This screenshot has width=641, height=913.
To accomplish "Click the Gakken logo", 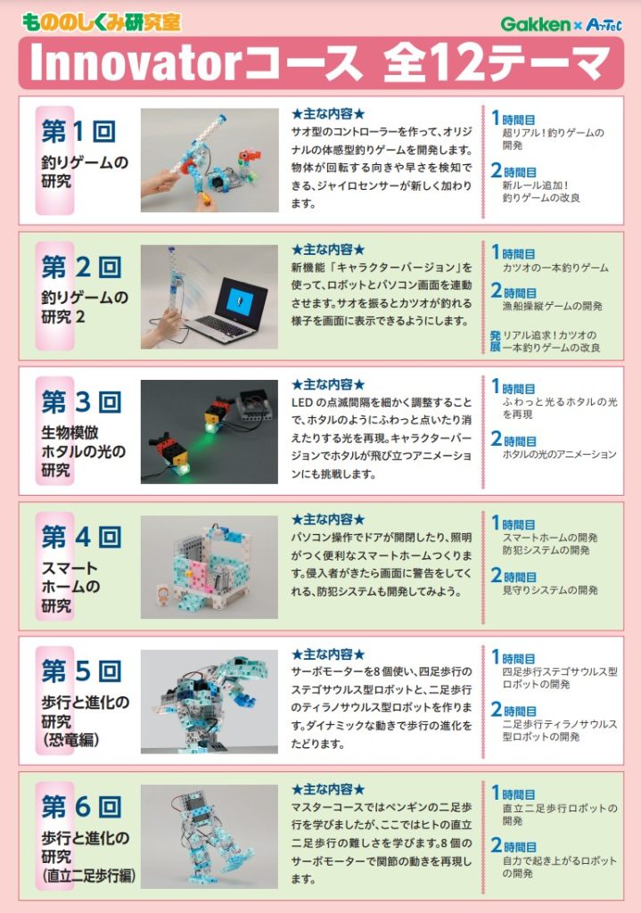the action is (535, 24).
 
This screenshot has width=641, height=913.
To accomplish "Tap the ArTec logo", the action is (604, 24).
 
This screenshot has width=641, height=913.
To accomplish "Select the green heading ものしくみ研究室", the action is (102, 22).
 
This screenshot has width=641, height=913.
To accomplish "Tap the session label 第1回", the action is (81, 132).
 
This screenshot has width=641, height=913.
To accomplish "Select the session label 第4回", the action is (81, 537).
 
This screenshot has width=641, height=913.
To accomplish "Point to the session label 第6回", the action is (81, 807).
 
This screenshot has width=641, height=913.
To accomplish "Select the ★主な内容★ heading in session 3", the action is (328, 385).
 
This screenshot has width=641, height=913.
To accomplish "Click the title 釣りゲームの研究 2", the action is (85, 308).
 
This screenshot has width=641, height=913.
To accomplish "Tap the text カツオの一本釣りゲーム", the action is (555, 267).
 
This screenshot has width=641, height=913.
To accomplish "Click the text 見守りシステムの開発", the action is (550, 590).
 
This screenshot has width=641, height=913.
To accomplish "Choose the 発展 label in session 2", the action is (495, 341).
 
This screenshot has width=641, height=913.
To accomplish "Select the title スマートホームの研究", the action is (70, 587).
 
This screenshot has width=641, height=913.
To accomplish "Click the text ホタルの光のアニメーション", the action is (560, 454).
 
